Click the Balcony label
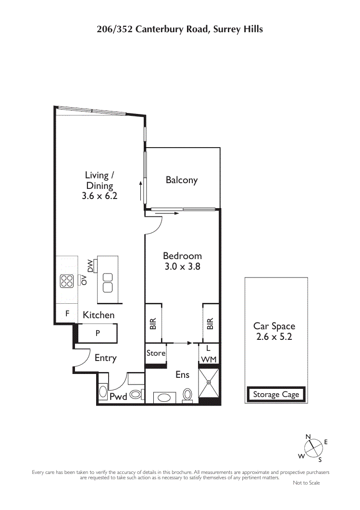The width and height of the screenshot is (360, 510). (x=182, y=180)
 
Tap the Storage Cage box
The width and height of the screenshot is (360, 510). (x=276, y=394)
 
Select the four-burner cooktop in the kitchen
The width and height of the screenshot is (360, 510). (x=66, y=281)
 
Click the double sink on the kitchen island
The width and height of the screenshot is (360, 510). (x=108, y=283)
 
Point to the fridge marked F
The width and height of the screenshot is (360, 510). (x=67, y=313)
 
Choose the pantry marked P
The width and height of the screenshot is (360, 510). (x=98, y=333)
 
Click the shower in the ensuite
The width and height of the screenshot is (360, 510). (x=209, y=383)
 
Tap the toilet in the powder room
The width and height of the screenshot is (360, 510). (x=136, y=395)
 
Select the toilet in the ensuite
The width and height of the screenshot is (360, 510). (x=187, y=395)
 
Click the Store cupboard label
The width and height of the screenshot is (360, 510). (x=156, y=353)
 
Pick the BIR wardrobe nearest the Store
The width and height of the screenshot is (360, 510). (x=153, y=323)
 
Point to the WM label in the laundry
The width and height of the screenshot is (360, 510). (x=209, y=360)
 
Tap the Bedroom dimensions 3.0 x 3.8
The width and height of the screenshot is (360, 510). (x=183, y=266)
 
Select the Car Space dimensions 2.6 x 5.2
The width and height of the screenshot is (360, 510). (x=274, y=336)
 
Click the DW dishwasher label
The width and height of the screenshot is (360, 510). (x=90, y=266)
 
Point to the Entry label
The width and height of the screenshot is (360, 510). (x=105, y=358)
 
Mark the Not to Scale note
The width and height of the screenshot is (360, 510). (x=306, y=483)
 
